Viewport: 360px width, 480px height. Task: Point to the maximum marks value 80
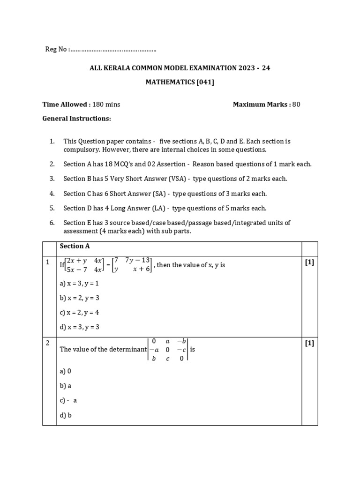point(296,105)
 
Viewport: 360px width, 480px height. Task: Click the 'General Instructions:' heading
point(77,119)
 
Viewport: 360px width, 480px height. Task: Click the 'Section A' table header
point(75,246)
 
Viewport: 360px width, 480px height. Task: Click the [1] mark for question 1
point(309,262)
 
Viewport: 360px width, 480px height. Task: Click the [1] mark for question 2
point(309,343)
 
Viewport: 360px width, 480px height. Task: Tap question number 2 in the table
point(48,343)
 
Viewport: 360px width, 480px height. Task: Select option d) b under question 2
point(66,415)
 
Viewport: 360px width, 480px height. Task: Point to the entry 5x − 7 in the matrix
point(76,270)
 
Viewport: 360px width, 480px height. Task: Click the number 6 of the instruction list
point(52,223)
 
